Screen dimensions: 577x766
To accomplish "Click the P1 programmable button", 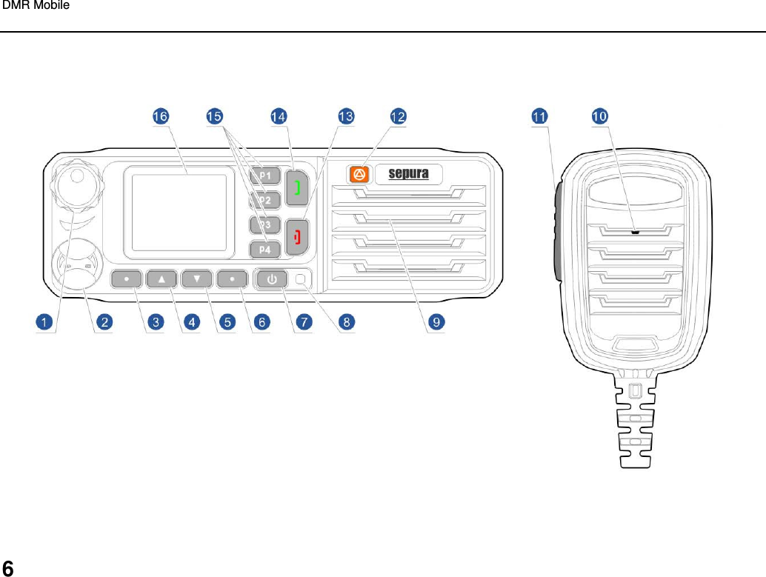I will [264, 176].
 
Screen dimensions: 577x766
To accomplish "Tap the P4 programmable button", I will [264, 249].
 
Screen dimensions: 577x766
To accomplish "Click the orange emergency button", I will [359, 174].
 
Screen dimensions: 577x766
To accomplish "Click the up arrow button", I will [162, 279].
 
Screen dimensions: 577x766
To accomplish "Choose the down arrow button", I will [197, 279].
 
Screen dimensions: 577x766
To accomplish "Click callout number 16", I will [160, 116].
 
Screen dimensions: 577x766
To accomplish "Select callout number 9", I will [437, 321].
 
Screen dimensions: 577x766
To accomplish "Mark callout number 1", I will [44, 321].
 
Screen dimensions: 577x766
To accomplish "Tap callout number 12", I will [399, 116].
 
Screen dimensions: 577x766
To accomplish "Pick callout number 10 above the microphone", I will [600, 116].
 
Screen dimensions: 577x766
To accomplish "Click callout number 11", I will [540, 116].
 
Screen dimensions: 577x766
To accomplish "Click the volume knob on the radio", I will [73, 180].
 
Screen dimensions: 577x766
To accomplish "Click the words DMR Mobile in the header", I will [36, 6].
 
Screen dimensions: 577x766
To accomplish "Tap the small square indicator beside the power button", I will [301, 279].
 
